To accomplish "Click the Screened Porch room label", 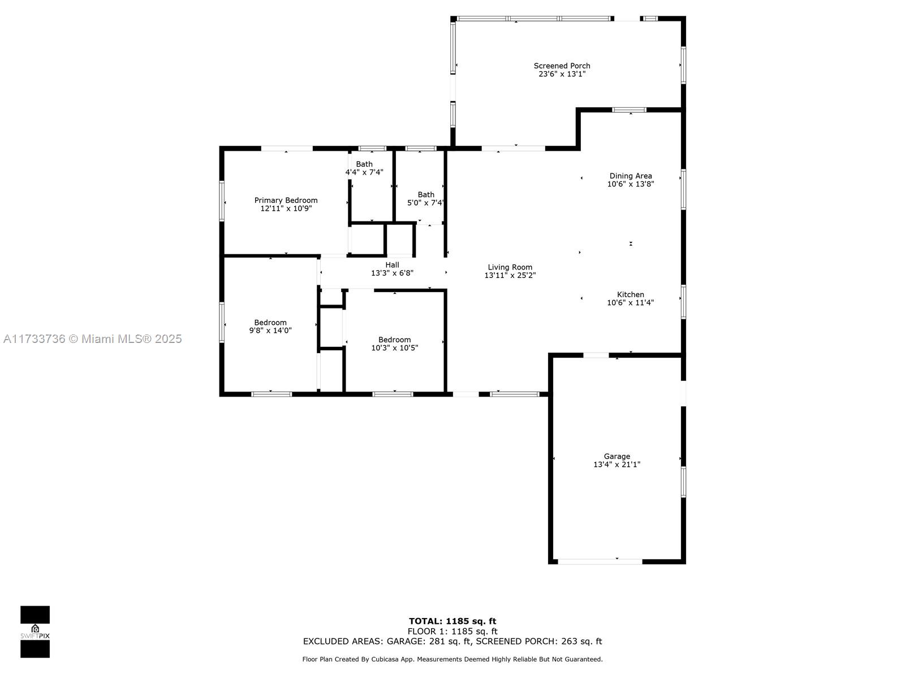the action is [562, 66].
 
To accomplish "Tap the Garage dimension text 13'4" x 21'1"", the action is [617, 464].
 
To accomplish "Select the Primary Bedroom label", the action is [286, 201].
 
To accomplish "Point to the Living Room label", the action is [510, 267].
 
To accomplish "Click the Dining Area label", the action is [631, 176].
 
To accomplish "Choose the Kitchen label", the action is [631, 294].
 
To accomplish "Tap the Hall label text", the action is [392, 264].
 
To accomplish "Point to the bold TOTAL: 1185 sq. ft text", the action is [453, 621].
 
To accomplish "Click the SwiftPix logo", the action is [35, 632].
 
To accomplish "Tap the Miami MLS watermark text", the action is [92, 339].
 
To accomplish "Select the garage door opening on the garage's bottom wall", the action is [600, 562].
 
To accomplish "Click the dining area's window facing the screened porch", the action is [629, 110].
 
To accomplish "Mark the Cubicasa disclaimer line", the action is [453, 659].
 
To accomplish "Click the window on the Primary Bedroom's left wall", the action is [222, 201].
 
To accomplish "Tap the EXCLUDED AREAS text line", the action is [453, 641].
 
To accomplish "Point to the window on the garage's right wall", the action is [683, 481].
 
